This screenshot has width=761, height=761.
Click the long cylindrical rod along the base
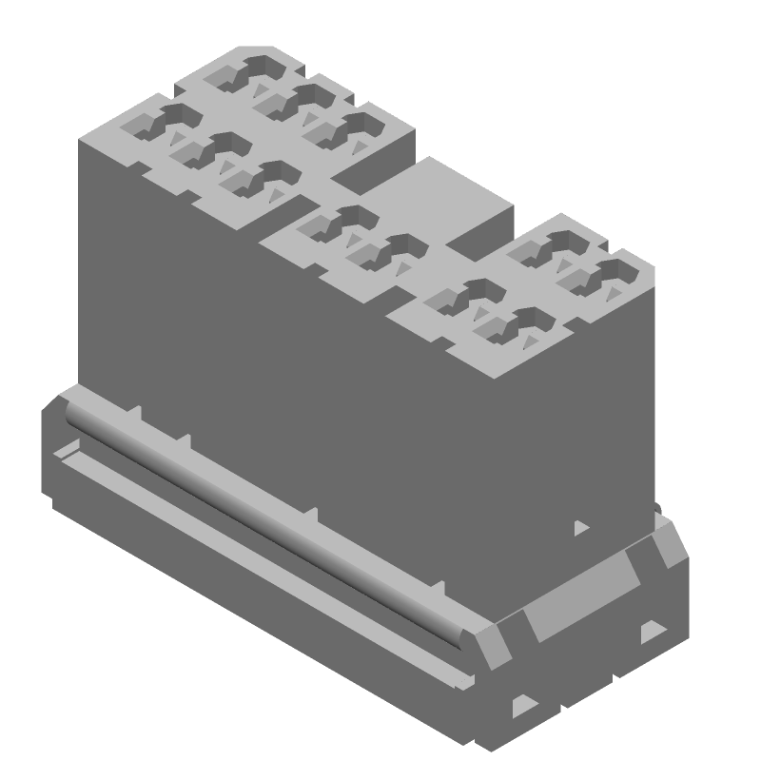(x=266, y=523)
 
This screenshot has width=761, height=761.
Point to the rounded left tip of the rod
(x=71, y=411)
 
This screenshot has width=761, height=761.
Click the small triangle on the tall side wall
(x=580, y=526)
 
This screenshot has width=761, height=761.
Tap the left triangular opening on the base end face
(x=524, y=705)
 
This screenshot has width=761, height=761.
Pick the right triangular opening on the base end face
(x=653, y=630)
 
